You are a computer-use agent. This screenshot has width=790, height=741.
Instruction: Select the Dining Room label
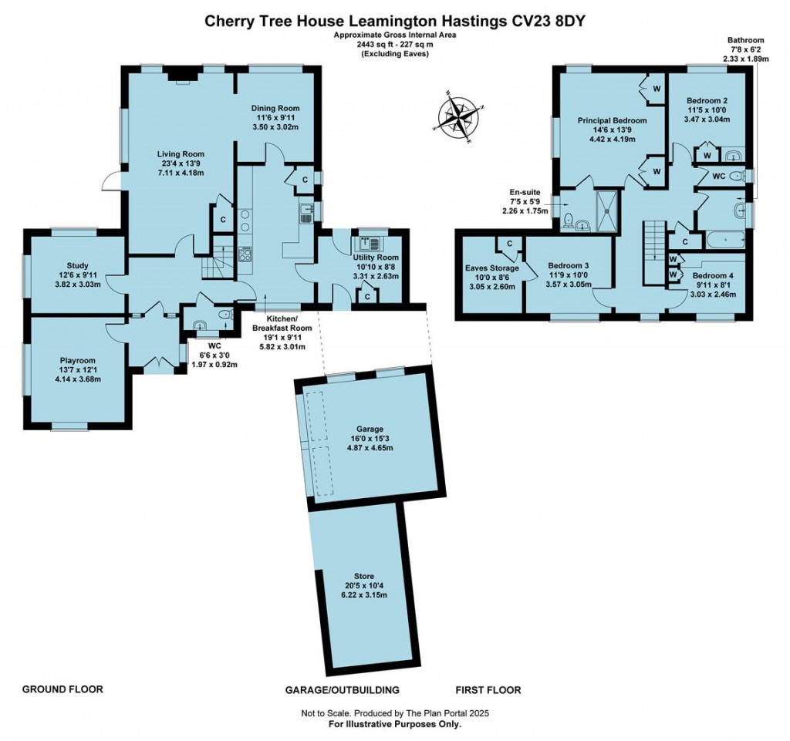tap(275, 108)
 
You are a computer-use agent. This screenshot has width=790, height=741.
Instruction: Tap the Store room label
tap(364, 576)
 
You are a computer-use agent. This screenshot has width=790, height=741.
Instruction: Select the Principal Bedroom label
tap(613, 121)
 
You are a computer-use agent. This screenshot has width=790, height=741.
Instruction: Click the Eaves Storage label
tap(491, 268)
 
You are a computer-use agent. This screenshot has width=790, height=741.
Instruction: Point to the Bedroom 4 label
tap(714, 275)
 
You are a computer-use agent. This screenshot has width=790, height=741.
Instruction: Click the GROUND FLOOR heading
tap(62, 689)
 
